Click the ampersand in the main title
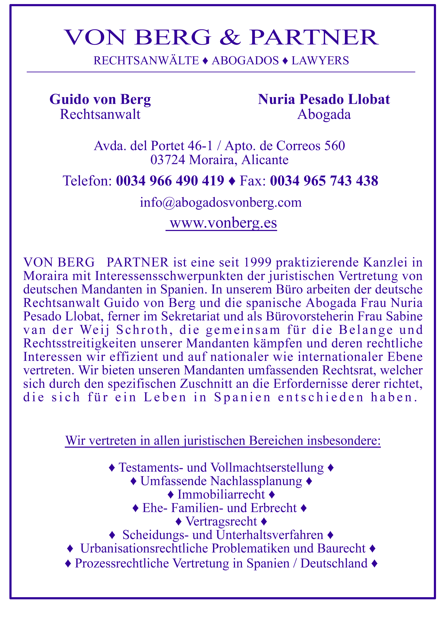(230, 37)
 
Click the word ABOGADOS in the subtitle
(245, 61)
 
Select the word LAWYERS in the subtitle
(320, 61)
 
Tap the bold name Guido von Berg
(100, 99)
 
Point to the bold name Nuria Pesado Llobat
(324, 99)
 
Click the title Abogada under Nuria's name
(324, 114)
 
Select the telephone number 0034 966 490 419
(170, 181)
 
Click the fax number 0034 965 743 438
(324, 181)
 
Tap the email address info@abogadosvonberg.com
(221, 203)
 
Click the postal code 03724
(168, 160)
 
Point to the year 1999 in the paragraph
(257, 262)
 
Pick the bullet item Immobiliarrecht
(221, 494)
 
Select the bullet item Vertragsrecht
(221, 521)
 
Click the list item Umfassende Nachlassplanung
(221, 481)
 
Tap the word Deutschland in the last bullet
(334, 563)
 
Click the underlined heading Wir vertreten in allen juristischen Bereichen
(223, 440)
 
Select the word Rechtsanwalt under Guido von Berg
(100, 114)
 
